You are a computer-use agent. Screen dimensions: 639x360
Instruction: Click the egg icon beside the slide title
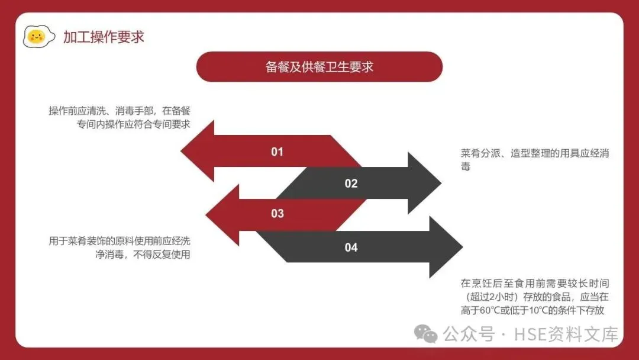[x=36, y=37]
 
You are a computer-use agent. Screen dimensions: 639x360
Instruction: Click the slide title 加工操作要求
[x=104, y=37]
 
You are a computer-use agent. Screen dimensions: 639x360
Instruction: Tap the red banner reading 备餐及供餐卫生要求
[x=319, y=66]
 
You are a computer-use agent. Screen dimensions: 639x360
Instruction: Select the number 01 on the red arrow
[x=277, y=152]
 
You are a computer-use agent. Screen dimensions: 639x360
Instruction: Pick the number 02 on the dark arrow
[x=351, y=184]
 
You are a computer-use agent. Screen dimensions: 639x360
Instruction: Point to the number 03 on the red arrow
[x=277, y=214]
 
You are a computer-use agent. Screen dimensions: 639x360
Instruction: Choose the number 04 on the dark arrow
[x=351, y=247]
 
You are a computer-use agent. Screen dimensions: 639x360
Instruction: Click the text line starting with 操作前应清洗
[x=123, y=111]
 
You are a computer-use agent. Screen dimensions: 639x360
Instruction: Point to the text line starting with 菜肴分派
[x=535, y=153]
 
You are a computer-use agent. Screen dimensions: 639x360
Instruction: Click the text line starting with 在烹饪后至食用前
[x=535, y=284]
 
